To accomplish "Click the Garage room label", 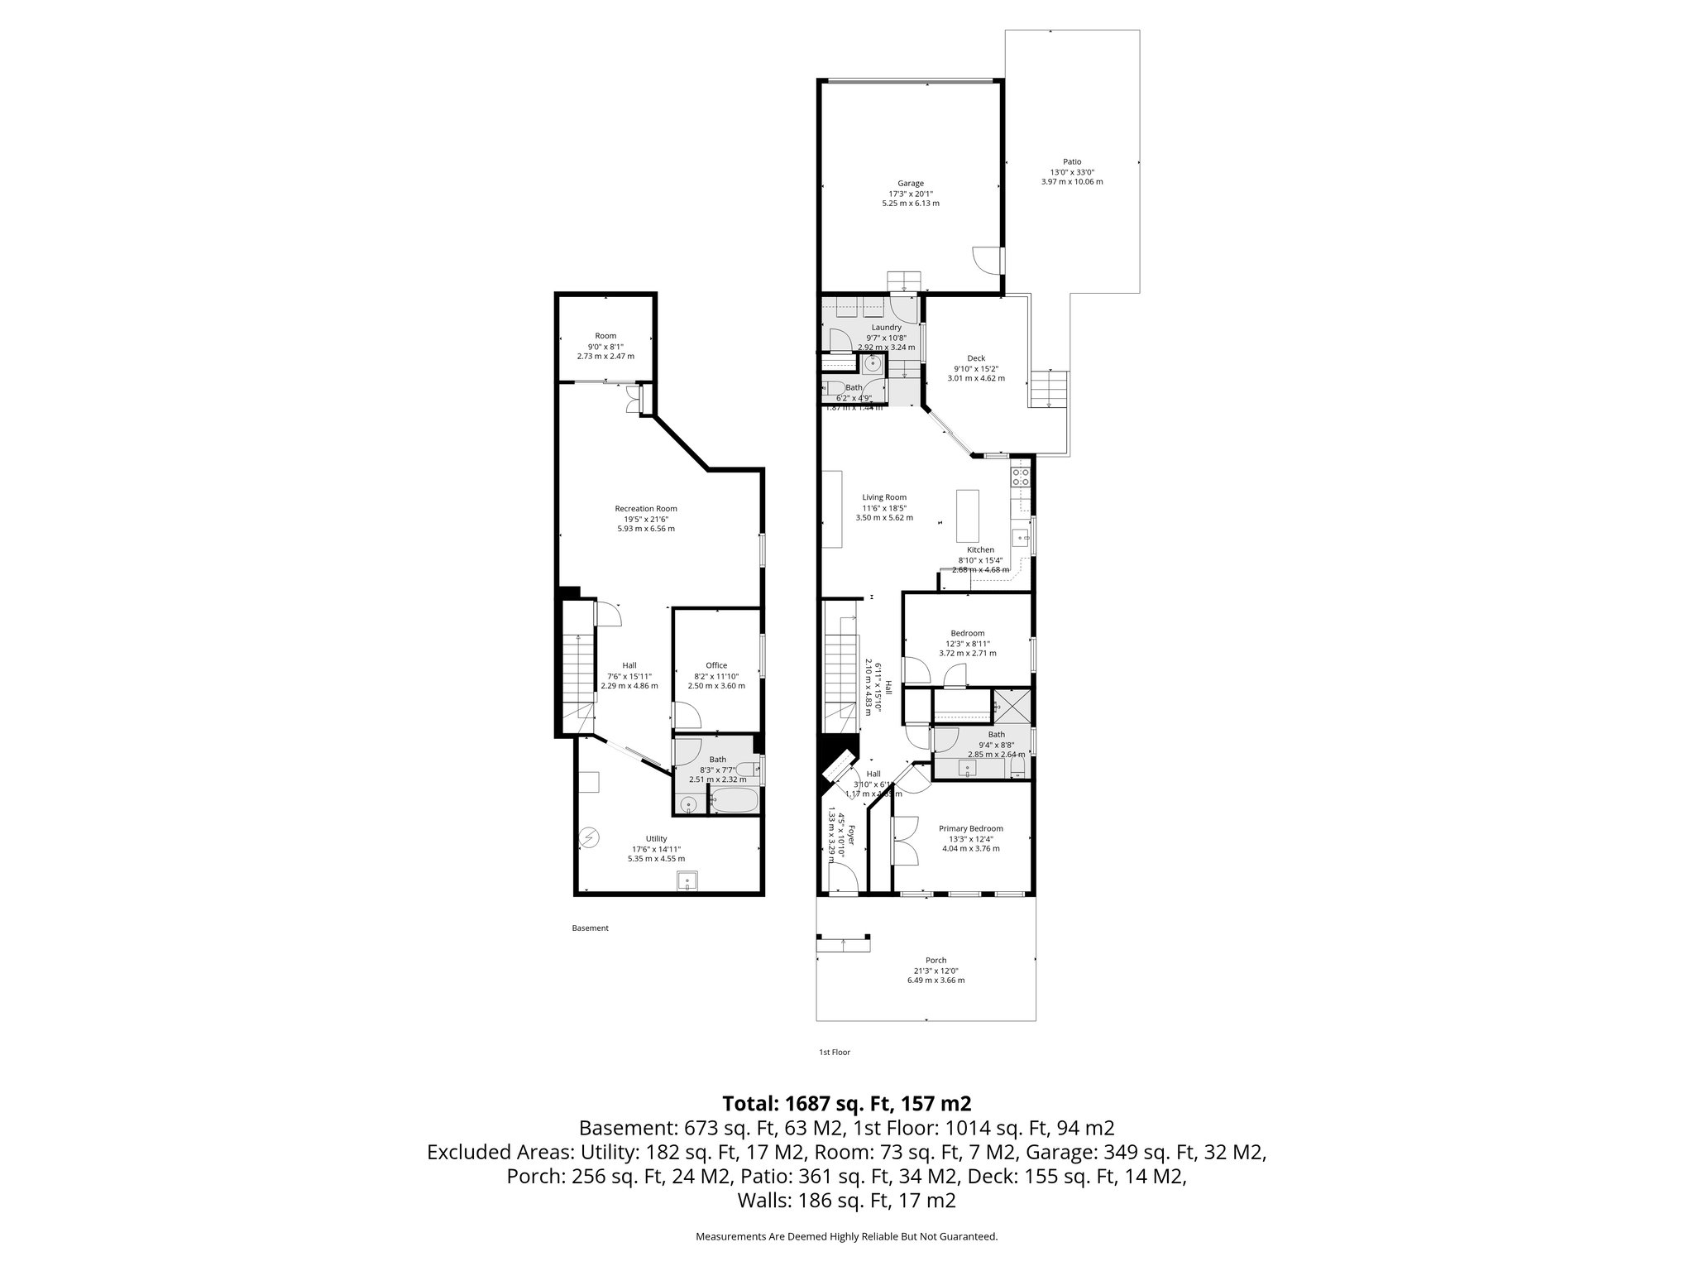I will pos(911,184).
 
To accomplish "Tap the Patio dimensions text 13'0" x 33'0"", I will pos(1072,172).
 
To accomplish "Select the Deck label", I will pos(976,358).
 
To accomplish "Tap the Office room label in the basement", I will pos(716,665).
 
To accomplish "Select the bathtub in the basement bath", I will pos(735,800).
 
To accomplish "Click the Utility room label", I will pos(656,838).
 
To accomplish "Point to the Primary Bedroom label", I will pos(970,828).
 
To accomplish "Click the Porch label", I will pos(936,961).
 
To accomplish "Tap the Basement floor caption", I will pos(590,928).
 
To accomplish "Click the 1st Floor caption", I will pos(834,1053).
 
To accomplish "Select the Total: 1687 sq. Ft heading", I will pos(846,1103).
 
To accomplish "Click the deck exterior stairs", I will pos(1049,389).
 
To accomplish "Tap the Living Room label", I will pos(884,497).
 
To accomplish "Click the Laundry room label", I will pos(886,327).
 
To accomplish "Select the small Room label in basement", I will pos(605,336).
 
